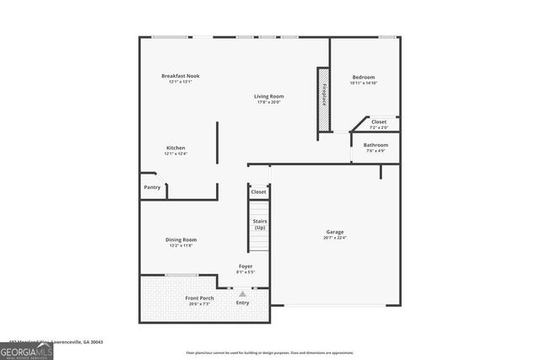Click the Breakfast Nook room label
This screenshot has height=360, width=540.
coord(181,76)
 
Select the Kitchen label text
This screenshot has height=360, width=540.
coord(175,148)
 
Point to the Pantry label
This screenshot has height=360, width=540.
coord(152,187)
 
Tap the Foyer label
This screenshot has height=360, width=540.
coord(245,266)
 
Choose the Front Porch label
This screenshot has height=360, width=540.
coord(199,298)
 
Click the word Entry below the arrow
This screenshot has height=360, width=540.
coord(243,303)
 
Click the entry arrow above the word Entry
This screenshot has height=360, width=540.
coord(243,293)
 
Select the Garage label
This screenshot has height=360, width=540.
coord(335,232)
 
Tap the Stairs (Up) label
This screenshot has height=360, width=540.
coord(259,224)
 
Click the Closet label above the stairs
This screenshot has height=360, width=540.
coord(258,192)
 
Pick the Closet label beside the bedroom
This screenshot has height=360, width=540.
coord(379,122)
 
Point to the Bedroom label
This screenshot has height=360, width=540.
coord(363,78)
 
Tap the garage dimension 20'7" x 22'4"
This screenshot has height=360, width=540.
coord(335,238)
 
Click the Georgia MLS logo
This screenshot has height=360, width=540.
coord(26,348)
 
